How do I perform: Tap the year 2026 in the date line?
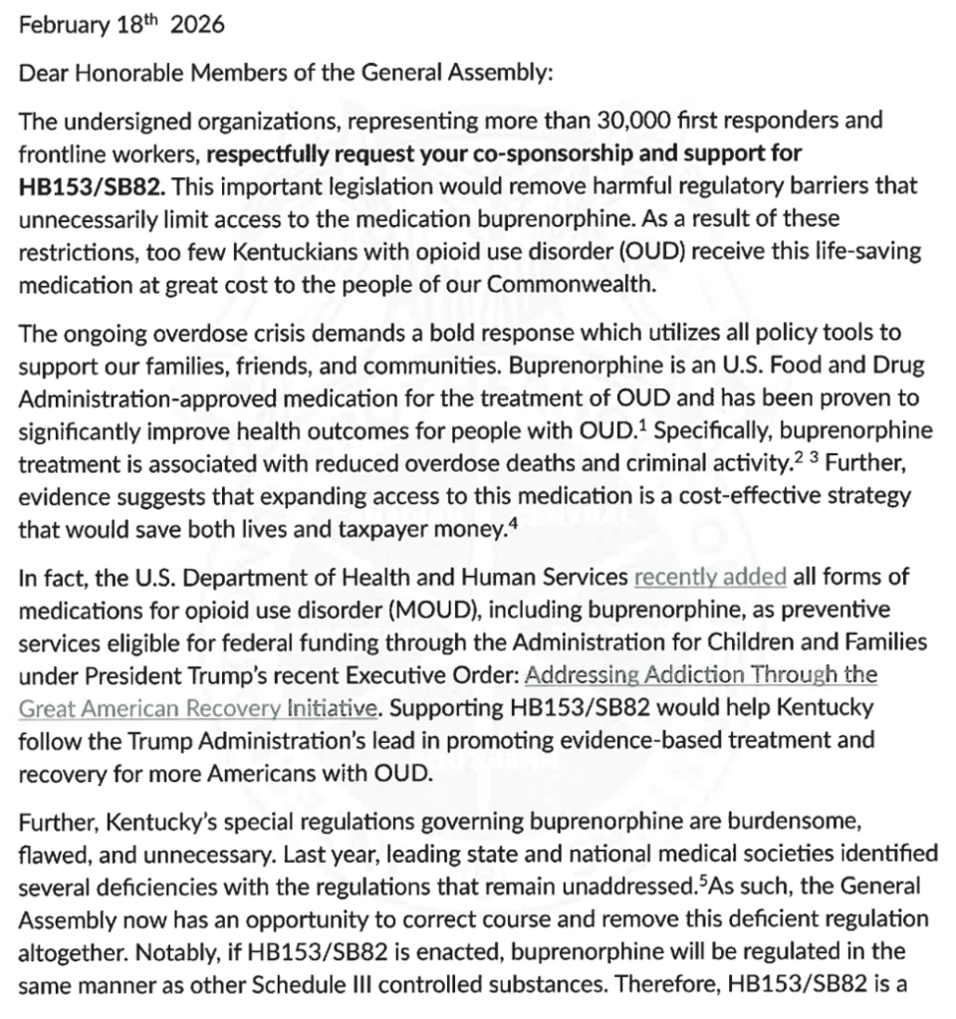point(197,26)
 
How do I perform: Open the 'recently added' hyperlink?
point(710,578)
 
